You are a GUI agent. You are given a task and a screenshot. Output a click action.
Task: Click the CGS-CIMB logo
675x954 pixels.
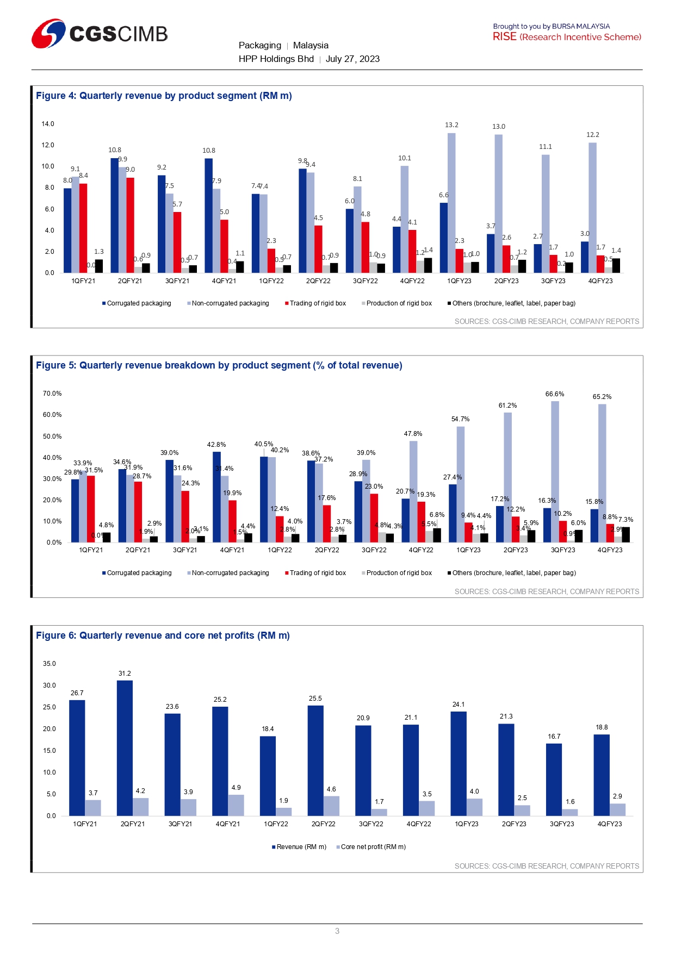coord(100,34)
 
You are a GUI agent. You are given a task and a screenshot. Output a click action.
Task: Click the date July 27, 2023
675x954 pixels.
coord(352,59)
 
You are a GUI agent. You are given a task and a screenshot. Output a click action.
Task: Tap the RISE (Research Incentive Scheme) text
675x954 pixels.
coord(567,37)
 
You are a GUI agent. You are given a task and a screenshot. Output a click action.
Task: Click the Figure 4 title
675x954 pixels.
coord(164,96)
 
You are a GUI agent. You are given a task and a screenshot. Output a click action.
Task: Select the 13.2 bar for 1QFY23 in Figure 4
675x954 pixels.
coord(451,203)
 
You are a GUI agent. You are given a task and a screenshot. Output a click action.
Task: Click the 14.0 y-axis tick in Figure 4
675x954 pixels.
coord(48,124)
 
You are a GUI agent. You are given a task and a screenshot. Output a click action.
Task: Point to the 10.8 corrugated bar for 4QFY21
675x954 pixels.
coord(209,215)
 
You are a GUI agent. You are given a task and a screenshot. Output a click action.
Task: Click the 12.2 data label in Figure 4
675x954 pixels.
coord(592,135)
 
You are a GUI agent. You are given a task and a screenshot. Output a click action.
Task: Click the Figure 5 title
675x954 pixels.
coord(219,365)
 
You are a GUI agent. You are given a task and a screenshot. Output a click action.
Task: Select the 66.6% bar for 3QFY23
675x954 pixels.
coord(555,472)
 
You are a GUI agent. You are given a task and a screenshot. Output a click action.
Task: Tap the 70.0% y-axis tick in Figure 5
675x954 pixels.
coord(52,394)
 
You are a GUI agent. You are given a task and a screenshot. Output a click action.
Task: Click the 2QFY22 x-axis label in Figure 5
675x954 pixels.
coord(327,550)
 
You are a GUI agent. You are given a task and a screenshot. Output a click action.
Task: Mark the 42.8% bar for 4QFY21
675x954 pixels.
coord(216,497)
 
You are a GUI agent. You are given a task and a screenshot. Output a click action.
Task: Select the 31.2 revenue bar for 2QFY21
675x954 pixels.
coord(125,748)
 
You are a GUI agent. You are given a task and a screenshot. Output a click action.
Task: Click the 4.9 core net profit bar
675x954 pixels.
coord(236,805)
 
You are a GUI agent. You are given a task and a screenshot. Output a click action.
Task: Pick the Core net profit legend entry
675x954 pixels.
coord(373,847)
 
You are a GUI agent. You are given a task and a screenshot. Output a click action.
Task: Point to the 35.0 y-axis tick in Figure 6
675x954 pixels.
coord(49,664)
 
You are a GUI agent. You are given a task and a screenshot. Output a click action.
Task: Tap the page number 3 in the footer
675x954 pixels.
coord(337,931)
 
